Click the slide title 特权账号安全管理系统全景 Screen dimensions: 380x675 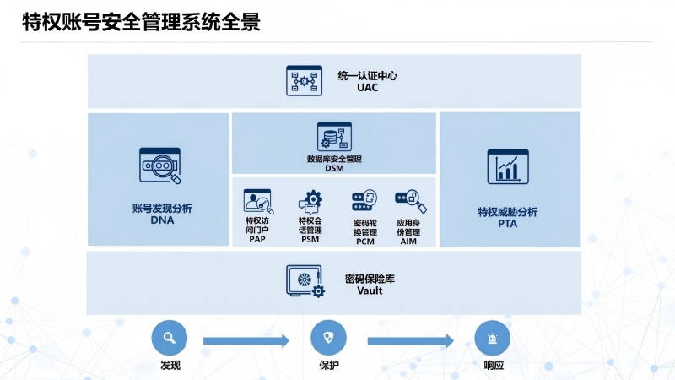(141, 23)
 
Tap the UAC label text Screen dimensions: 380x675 (367, 88)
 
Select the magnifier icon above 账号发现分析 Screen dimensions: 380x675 (160, 166)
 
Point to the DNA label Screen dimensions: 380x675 (161, 220)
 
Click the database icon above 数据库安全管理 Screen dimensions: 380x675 (333, 138)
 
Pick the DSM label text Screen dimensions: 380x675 (334, 168)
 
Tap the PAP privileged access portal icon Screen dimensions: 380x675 (257, 201)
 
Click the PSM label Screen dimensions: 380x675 (310, 240)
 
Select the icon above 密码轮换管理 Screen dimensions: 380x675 (364, 201)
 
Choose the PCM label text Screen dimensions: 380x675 (365, 241)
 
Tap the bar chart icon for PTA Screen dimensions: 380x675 (508, 166)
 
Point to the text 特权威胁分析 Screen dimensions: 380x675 (508, 211)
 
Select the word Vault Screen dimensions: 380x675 (370, 290)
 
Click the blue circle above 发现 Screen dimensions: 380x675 (169, 338)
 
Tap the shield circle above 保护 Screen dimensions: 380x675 (329, 338)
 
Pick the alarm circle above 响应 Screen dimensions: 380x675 (493, 338)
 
